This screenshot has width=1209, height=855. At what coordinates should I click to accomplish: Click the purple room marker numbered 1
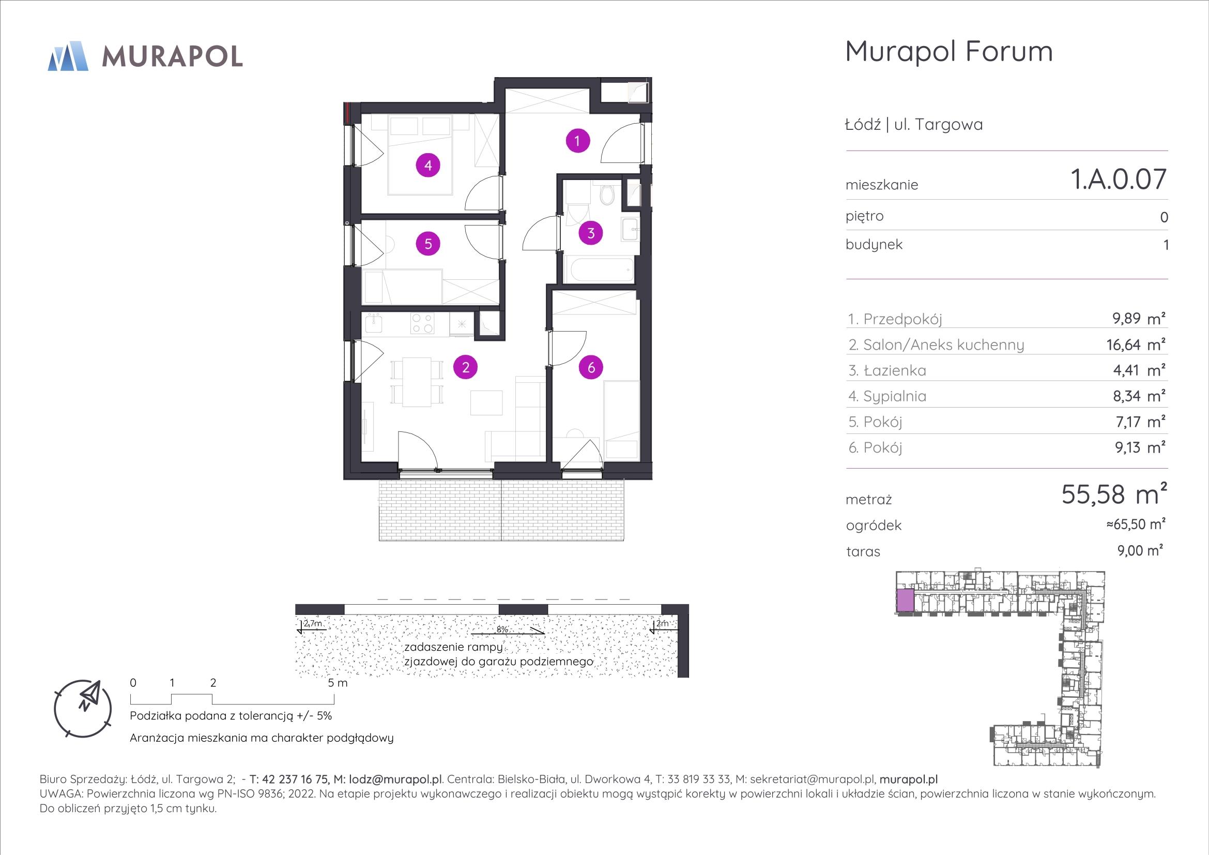click(578, 141)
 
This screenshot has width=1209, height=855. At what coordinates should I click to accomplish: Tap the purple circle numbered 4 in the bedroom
click(428, 166)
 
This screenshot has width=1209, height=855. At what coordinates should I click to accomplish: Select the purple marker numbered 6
click(591, 367)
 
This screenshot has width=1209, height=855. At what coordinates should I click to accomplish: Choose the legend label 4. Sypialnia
click(887, 397)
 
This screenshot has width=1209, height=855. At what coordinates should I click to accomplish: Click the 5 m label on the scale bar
click(338, 683)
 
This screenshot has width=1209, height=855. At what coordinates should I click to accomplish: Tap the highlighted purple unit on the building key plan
click(905, 601)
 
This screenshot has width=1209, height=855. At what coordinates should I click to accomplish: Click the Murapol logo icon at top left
click(68, 55)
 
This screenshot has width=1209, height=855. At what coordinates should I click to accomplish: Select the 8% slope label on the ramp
click(502, 629)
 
